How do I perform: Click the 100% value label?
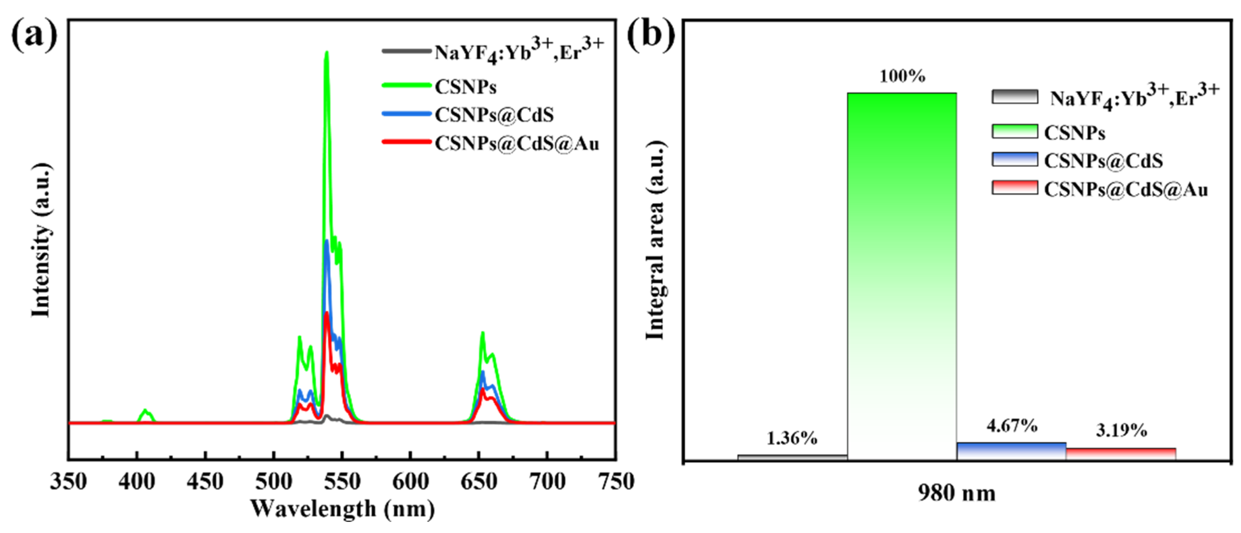coord(902,76)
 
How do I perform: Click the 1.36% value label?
coord(792,438)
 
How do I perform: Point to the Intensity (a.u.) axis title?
coord(41,241)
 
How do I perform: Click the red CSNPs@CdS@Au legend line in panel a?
coord(406,142)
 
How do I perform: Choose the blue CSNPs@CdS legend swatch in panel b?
coord(1015,160)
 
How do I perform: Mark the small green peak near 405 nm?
coord(146,412)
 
